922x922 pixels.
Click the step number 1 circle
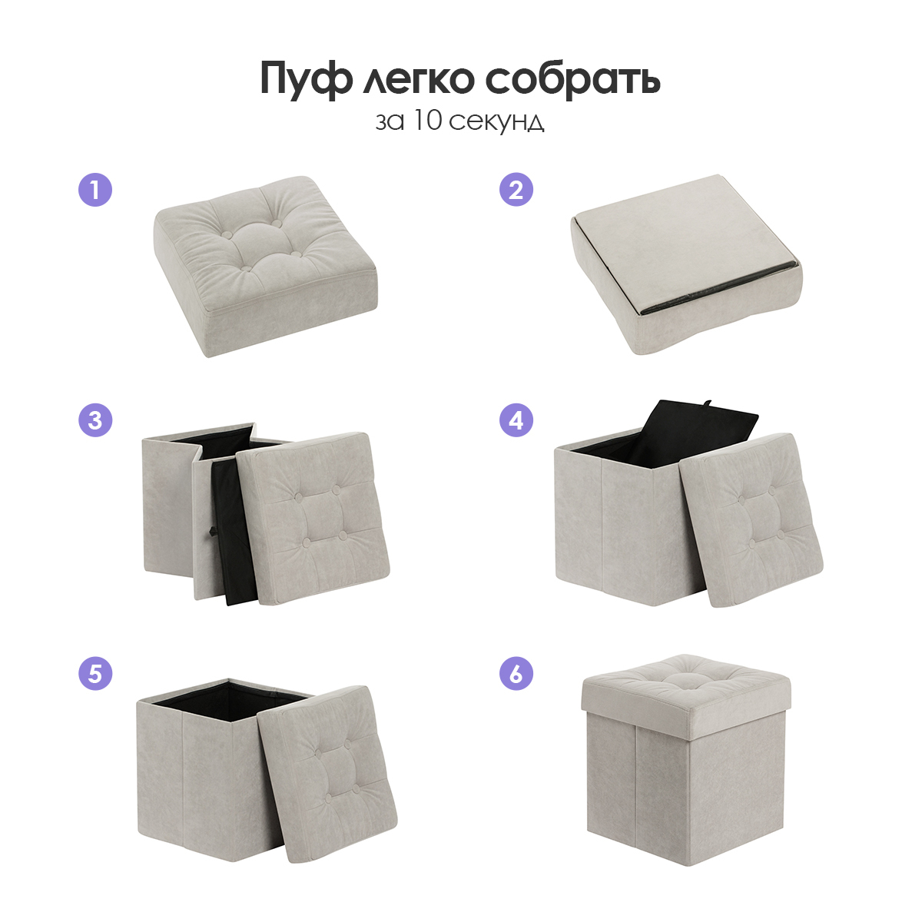[x=95, y=190]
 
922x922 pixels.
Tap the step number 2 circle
[x=516, y=190]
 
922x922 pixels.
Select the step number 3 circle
[x=95, y=420]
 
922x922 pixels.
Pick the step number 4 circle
[x=516, y=420]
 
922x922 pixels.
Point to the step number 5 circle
[x=95, y=674]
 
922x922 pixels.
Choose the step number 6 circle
[x=516, y=674]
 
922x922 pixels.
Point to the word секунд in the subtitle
[x=496, y=122]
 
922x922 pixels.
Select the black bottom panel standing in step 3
[x=234, y=531]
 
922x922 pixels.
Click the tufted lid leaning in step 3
[x=314, y=519]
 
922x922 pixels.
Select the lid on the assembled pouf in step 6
[x=686, y=687]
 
